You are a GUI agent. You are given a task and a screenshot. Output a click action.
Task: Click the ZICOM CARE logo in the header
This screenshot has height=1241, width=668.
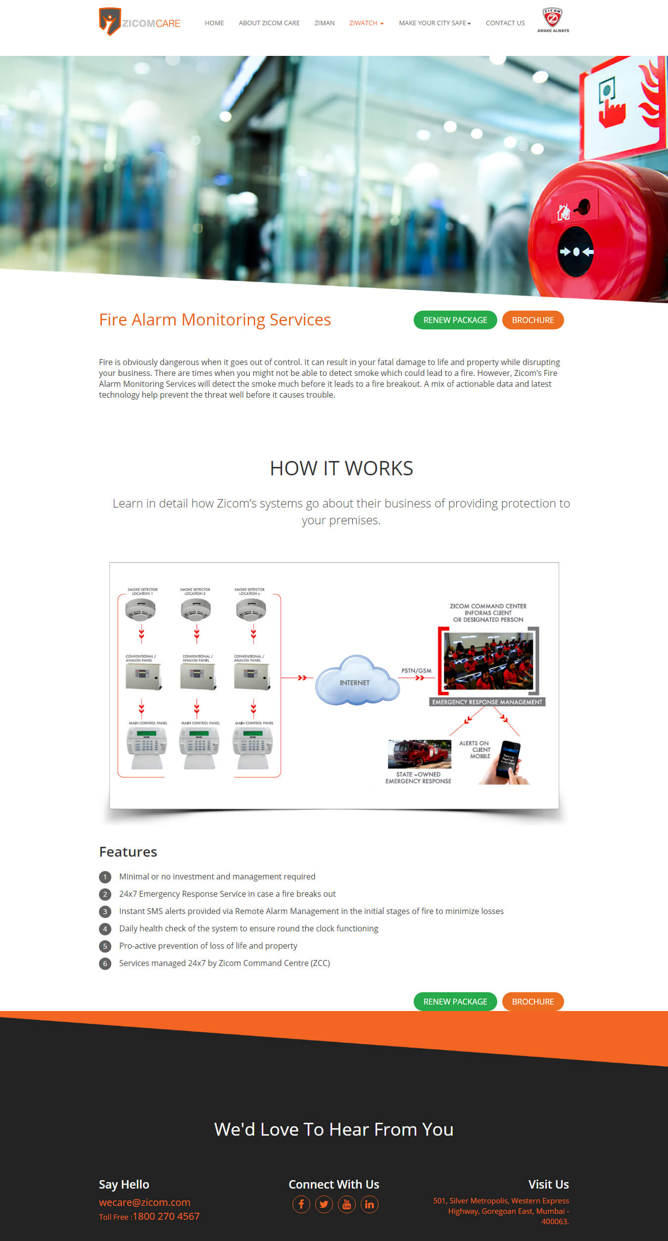(140, 22)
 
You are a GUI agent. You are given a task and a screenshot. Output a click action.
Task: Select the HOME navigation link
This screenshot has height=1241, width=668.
(214, 23)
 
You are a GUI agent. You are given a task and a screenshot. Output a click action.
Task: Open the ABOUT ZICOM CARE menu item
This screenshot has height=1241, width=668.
(269, 23)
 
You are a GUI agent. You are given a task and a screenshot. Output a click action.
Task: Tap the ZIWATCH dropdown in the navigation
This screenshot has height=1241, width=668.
(366, 23)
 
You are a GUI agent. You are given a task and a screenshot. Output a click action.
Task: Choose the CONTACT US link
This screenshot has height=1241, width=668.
(505, 23)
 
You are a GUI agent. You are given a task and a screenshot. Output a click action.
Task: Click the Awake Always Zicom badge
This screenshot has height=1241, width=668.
(553, 20)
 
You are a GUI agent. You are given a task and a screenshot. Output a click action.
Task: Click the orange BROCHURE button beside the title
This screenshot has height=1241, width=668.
(533, 320)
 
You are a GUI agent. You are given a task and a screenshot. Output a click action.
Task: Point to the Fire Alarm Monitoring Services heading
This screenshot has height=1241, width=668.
(215, 320)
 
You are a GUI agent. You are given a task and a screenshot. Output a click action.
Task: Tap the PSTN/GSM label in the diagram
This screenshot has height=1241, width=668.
(416, 671)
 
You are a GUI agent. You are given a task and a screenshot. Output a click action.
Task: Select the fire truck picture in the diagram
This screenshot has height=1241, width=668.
(419, 754)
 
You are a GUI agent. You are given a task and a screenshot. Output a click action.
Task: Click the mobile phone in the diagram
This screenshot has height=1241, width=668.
(508, 762)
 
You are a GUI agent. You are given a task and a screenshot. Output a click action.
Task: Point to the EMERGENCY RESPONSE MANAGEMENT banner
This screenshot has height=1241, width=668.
(487, 702)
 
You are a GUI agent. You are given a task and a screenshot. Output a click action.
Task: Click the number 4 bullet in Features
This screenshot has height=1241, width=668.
(105, 929)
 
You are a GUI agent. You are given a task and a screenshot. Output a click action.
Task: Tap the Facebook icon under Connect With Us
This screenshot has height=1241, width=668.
(301, 1204)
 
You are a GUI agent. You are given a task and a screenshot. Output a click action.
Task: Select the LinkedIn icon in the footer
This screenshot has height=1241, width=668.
(370, 1204)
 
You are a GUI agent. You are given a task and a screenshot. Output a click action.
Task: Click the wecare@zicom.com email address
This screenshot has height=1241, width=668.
(144, 1202)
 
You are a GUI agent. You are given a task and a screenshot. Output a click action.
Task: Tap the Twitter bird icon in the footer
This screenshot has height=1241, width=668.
(324, 1204)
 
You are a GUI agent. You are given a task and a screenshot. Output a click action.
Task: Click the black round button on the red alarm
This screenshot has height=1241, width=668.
(576, 252)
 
